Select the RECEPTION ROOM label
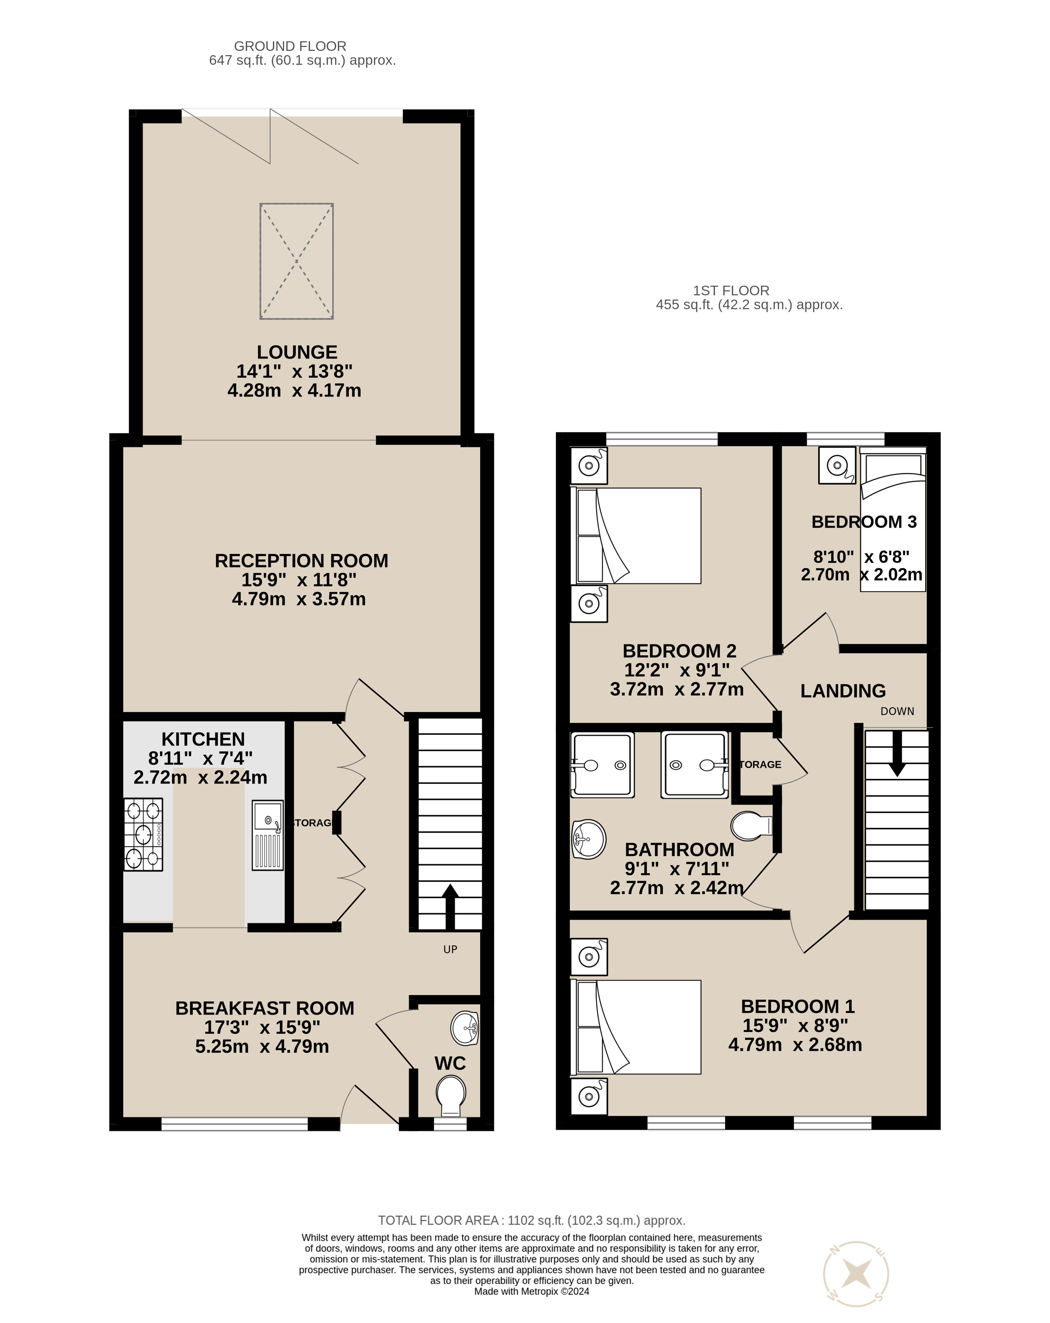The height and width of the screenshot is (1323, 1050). pyautogui.click(x=301, y=560)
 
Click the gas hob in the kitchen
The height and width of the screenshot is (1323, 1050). pyautogui.click(x=144, y=834)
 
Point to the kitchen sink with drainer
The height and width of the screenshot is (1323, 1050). pyautogui.click(x=267, y=834)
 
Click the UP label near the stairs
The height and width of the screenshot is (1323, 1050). pyautogui.click(x=450, y=949)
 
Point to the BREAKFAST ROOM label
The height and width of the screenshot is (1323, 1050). pyautogui.click(x=264, y=1008)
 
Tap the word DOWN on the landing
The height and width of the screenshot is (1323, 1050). pyautogui.click(x=897, y=711)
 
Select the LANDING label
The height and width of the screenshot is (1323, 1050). pyautogui.click(x=843, y=691)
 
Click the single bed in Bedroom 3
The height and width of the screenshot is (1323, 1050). pyautogui.click(x=892, y=522)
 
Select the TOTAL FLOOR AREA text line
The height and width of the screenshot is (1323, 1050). pyautogui.click(x=531, y=1221)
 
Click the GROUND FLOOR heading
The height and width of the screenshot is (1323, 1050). pyautogui.click(x=290, y=46)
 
